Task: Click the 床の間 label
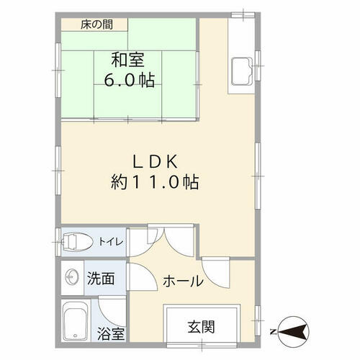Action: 96,24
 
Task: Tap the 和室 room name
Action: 127,60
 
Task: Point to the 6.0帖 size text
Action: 129,79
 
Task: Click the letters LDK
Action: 156,161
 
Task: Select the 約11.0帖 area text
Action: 155,182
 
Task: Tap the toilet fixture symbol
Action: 77,242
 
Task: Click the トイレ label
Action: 111,241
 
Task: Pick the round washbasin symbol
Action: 72,277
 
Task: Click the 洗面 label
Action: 101,278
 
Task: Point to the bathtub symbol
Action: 75,320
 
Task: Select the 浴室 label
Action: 111,333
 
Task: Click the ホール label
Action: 183,281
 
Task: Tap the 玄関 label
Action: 201,327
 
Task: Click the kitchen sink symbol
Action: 242,71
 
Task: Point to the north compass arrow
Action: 293,332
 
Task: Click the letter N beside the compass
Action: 273,332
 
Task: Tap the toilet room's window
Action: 58,242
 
